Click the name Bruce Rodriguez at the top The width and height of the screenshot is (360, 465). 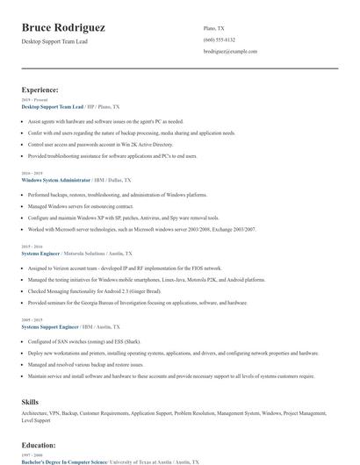point(63,27)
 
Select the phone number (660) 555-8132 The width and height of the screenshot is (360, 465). point(219,39)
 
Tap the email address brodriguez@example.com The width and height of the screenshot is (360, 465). point(230,52)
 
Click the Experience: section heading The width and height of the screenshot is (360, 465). point(40,89)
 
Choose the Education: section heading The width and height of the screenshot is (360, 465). point(39,445)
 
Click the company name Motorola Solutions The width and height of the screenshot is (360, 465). point(89,253)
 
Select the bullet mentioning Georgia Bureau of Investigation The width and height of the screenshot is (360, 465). point(137,302)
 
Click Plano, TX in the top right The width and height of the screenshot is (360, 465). point(213,27)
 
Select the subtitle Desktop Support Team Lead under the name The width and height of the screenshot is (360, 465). point(55,41)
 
